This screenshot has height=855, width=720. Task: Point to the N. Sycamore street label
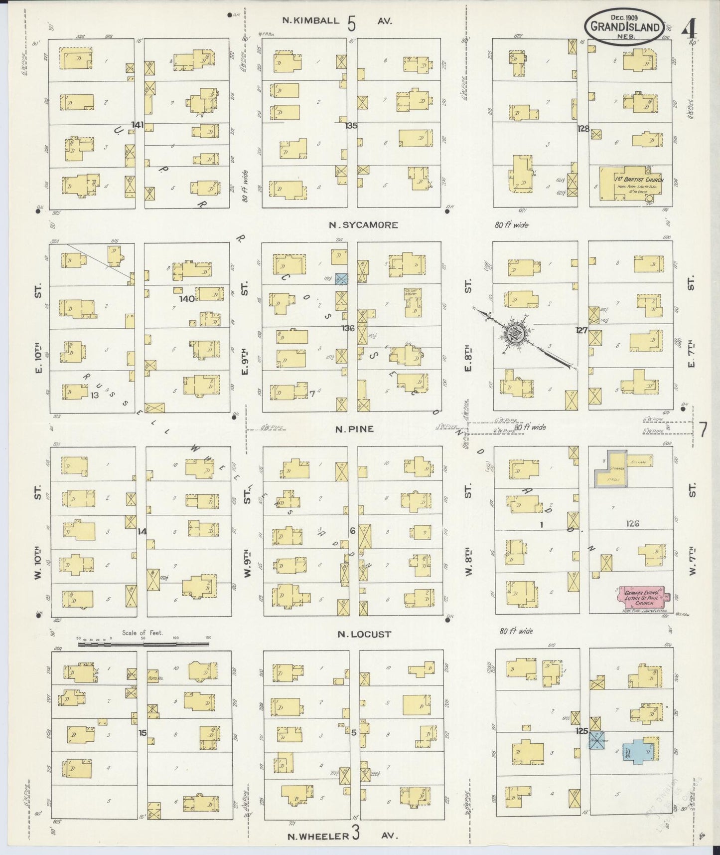[x=363, y=225]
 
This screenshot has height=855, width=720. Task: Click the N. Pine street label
[x=354, y=429]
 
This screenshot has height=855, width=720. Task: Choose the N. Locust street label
[x=364, y=634]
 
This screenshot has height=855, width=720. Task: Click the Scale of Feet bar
[x=144, y=644]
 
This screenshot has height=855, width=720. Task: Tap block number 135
[x=351, y=126]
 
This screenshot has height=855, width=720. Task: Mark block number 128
[x=583, y=129]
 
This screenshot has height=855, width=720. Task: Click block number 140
[x=188, y=298]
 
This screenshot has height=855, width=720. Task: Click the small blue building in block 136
[x=341, y=279]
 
